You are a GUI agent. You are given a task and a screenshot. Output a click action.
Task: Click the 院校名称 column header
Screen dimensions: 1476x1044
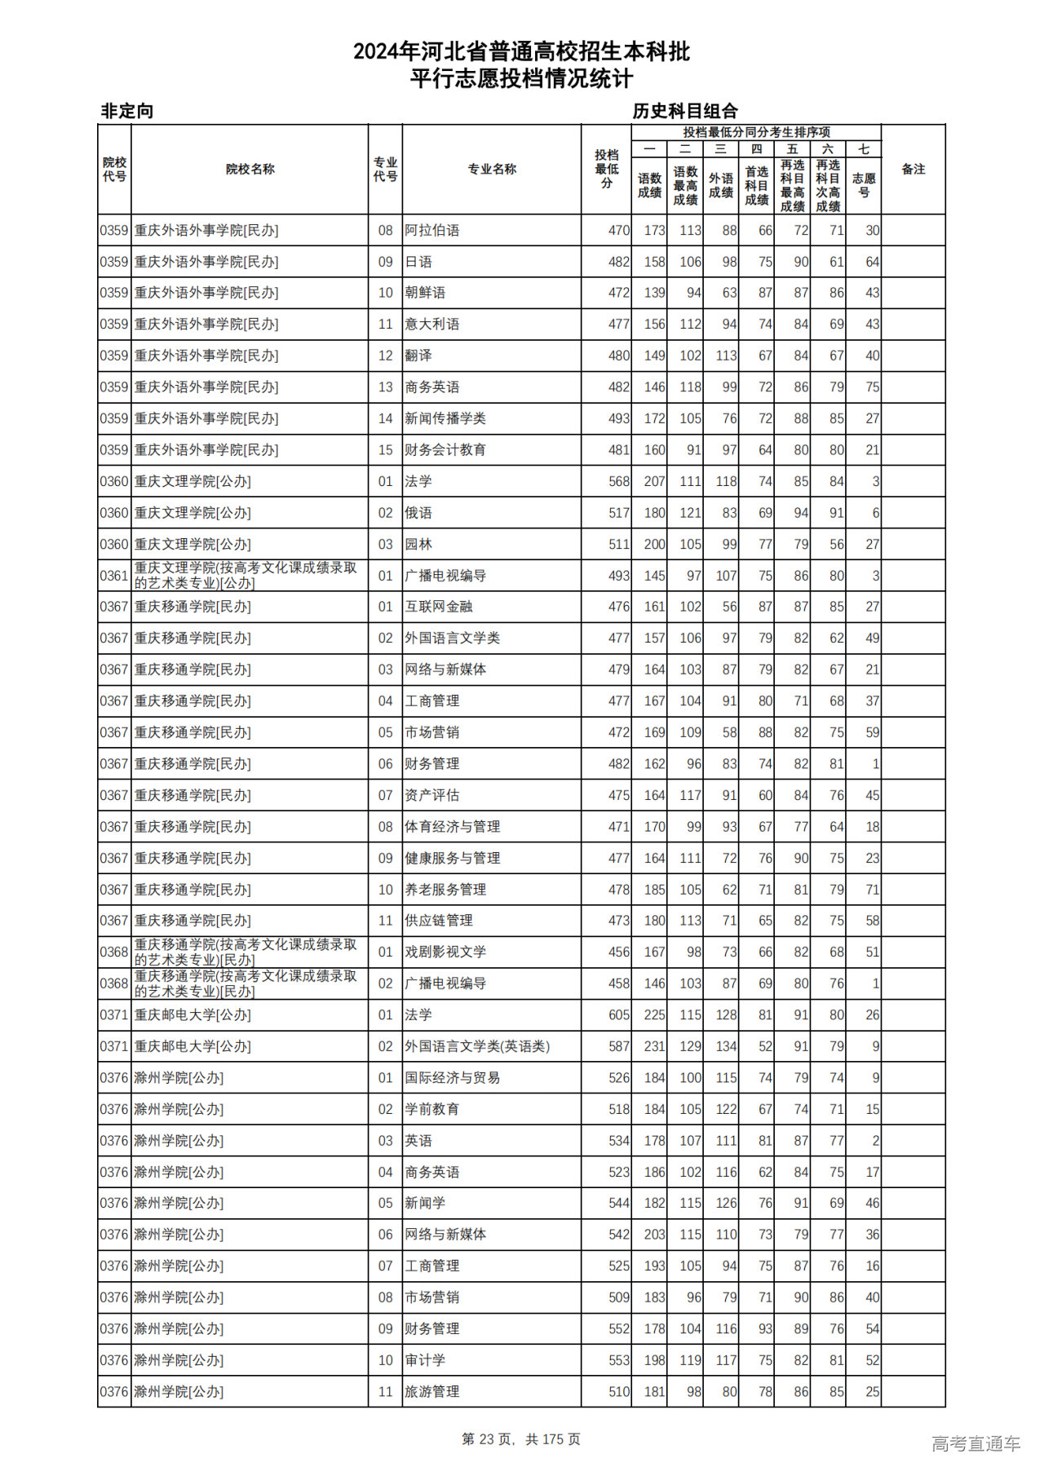250,170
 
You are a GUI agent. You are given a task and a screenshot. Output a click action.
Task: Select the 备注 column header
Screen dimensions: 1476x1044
913,170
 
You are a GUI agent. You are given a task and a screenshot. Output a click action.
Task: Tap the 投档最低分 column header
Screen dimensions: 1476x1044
606,170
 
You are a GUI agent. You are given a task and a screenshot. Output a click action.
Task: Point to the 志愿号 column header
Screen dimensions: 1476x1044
864,185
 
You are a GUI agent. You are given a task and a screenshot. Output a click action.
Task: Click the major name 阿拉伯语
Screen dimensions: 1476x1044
431,231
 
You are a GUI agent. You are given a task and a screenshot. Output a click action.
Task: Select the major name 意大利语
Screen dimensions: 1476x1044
431,325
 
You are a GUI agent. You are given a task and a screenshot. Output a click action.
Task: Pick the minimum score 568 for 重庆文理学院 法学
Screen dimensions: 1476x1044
618,482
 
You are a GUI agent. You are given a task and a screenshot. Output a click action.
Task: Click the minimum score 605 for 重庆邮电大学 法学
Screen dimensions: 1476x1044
618,1015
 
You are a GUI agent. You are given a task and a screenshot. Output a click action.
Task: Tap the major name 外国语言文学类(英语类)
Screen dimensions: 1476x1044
477,1046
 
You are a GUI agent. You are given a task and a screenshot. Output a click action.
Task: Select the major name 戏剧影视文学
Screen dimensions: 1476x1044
445,952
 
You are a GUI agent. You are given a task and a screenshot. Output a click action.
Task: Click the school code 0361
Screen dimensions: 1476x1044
114,576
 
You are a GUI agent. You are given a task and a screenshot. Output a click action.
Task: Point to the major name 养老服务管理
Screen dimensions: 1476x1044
445,890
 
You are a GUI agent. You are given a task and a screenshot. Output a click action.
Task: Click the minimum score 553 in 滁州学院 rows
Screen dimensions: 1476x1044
618,1360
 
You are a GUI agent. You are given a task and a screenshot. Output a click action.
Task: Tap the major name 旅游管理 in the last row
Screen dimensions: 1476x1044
431,1392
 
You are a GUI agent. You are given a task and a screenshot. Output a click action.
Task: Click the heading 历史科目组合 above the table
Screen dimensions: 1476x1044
685,112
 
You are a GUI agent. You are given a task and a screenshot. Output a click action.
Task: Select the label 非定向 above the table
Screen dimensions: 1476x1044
126,112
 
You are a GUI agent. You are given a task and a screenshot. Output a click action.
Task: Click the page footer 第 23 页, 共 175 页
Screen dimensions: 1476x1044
521,1439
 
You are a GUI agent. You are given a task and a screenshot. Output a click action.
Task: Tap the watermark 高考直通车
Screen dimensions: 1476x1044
975,1444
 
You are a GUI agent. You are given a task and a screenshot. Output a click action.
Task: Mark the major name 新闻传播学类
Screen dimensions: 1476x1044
445,419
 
